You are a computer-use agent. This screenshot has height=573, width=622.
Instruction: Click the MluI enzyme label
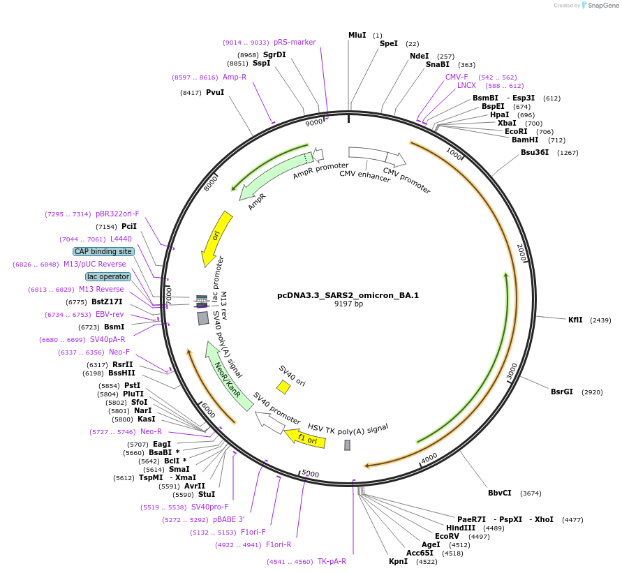coord(357,35)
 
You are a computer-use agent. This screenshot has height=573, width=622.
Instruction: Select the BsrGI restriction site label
coord(561,392)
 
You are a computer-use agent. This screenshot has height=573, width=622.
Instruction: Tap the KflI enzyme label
coord(575,320)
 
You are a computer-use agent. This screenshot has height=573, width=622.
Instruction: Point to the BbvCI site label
coord(499,493)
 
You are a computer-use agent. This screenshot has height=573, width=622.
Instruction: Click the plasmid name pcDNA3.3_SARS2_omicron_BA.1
coord(348,295)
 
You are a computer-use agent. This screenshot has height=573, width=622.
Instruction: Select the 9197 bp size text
coord(348,304)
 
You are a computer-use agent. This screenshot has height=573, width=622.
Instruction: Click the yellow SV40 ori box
coord(283,387)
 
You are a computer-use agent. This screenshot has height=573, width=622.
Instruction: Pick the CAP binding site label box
coord(103,251)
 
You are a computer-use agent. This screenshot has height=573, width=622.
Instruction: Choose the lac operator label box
coord(108,276)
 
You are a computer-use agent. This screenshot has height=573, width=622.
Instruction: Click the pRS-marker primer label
coord(295,42)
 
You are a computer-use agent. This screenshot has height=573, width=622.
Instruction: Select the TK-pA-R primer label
coord(332,561)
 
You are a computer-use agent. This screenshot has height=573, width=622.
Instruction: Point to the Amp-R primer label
coord(235,77)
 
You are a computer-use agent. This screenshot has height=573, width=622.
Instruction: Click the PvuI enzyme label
coord(214,92)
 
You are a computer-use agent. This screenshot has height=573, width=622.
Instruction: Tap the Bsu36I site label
coord(535,152)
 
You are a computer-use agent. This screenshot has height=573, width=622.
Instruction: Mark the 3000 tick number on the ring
coord(512,370)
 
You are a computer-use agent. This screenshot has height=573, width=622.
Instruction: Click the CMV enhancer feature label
coord(365,177)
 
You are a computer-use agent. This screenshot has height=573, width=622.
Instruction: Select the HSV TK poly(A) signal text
coord(348,427)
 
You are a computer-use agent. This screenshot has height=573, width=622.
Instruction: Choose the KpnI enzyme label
coord(398,561)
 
